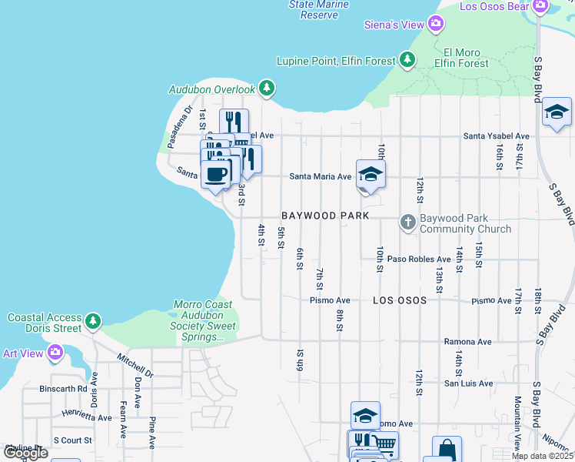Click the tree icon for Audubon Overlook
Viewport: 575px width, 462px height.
[267, 89]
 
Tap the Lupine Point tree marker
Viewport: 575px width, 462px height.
[407, 59]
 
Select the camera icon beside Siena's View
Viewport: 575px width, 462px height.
[436, 25]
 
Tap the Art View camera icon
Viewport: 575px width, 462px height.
[55, 353]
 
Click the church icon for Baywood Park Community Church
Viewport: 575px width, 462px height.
[408, 223]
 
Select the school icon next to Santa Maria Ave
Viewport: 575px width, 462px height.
[370, 175]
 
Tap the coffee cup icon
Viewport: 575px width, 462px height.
[216, 172]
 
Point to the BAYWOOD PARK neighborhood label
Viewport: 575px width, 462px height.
[325, 216]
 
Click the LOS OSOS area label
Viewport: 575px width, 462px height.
[399, 300]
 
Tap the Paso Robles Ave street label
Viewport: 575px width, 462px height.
[418, 259]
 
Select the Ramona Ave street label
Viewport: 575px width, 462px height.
[467, 341]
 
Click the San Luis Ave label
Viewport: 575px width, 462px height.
[467, 383]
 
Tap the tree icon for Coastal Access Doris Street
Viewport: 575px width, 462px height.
[93, 320]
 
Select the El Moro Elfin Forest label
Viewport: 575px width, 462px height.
[460, 58]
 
